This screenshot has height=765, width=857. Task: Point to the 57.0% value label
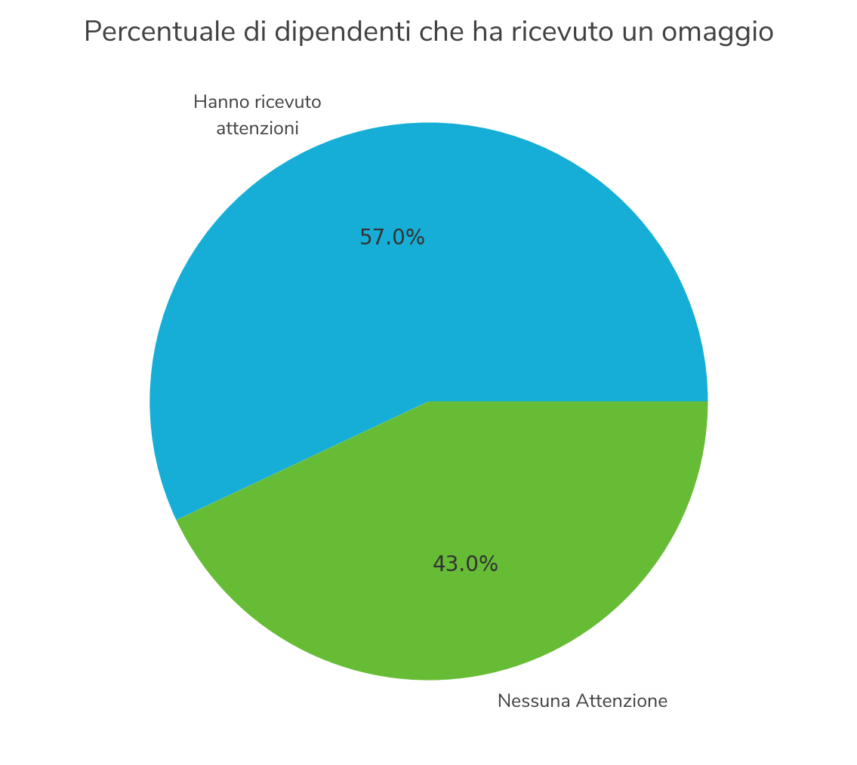coord(392,238)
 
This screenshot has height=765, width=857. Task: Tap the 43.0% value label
coord(465,564)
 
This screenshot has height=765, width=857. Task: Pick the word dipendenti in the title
coord(322,32)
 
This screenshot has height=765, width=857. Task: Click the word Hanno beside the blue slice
coord(216,102)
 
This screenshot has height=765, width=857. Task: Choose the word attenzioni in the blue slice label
coord(257,129)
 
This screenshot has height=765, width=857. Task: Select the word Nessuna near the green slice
coord(534,702)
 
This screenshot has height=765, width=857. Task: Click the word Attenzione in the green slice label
coord(621,702)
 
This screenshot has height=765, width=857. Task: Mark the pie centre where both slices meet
coord(429,401)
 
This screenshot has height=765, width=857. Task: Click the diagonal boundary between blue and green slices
coord(302,460)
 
